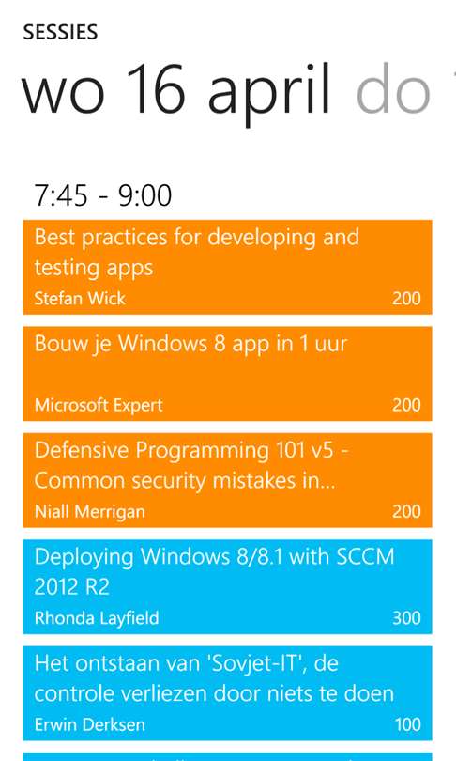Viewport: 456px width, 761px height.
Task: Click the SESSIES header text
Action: (x=60, y=32)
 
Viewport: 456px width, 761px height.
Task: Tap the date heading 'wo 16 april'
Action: (x=176, y=91)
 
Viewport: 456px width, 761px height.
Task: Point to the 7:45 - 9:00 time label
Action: (x=102, y=195)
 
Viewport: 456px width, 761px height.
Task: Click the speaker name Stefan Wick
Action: (x=80, y=298)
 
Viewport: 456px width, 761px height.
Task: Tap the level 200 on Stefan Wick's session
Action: (x=406, y=298)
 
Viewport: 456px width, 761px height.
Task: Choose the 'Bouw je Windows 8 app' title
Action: (x=190, y=344)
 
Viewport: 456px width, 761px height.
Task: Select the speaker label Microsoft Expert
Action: (x=99, y=405)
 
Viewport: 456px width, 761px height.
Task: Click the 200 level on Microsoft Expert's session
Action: (x=406, y=405)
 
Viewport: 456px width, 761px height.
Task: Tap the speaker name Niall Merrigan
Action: (x=90, y=511)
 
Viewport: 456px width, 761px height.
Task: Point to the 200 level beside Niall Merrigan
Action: (x=406, y=511)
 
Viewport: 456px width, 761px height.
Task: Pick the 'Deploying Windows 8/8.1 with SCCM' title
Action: (x=214, y=556)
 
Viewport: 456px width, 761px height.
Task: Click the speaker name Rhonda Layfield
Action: (x=97, y=618)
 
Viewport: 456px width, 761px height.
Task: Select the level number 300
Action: (x=406, y=618)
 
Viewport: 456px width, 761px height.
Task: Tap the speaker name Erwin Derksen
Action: (x=90, y=724)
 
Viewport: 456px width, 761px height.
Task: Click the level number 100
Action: (x=407, y=724)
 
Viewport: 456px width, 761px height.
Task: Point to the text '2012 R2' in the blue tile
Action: (x=71, y=587)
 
